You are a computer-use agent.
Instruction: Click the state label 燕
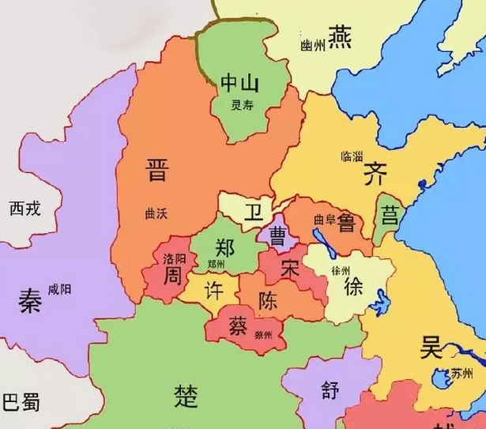coord(341,36)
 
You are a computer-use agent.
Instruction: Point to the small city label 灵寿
coord(241,104)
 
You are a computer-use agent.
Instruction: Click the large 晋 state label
coord(158,169)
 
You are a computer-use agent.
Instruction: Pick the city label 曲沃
coord(158,213)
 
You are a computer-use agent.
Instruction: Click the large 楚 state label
coord(186,393)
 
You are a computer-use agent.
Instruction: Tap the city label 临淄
coord(352,156)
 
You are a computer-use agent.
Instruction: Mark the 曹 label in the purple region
coord(278,235)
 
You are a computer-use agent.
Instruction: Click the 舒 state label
coord(330,389)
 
